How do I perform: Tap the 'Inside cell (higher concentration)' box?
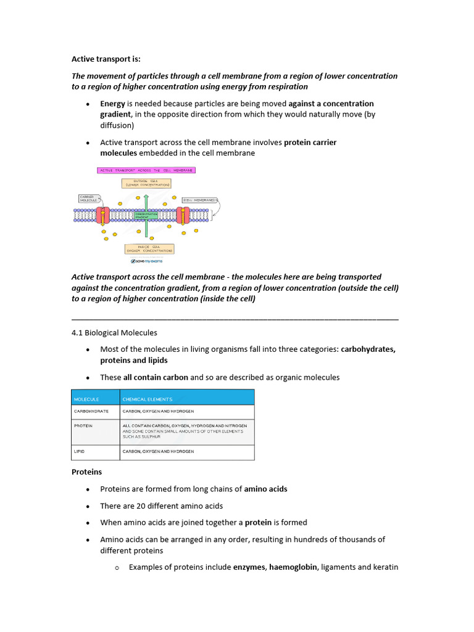tap(149, 249)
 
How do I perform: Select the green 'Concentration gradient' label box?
tap(155, 216)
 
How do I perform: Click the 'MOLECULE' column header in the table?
tap(86, 399)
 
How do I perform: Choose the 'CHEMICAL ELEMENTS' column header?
tap(148, 399)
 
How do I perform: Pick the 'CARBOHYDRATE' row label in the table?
tap(91, 411)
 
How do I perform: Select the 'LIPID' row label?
tap(80, 452)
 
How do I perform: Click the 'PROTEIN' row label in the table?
tap(84, 426)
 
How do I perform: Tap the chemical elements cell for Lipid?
tap(158, 452)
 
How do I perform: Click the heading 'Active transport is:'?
tap(106, 59)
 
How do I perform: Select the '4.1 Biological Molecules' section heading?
tap(114, 333)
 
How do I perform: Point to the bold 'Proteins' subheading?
tap(86, 472)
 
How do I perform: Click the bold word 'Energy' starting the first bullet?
tap(112, 104)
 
